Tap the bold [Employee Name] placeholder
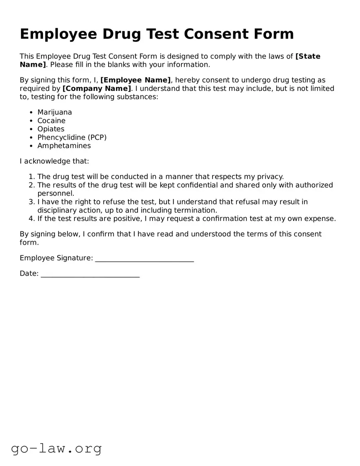135,80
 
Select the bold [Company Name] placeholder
97,88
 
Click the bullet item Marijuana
54,112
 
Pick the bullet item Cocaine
51,121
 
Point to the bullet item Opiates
51,129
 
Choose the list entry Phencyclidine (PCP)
72,137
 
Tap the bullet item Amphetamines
64,146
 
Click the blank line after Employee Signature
144,259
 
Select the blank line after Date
90,274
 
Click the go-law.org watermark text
56,448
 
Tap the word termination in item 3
195,210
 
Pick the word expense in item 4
320,218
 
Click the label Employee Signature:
56,258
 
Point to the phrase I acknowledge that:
54,161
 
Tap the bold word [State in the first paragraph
307,56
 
